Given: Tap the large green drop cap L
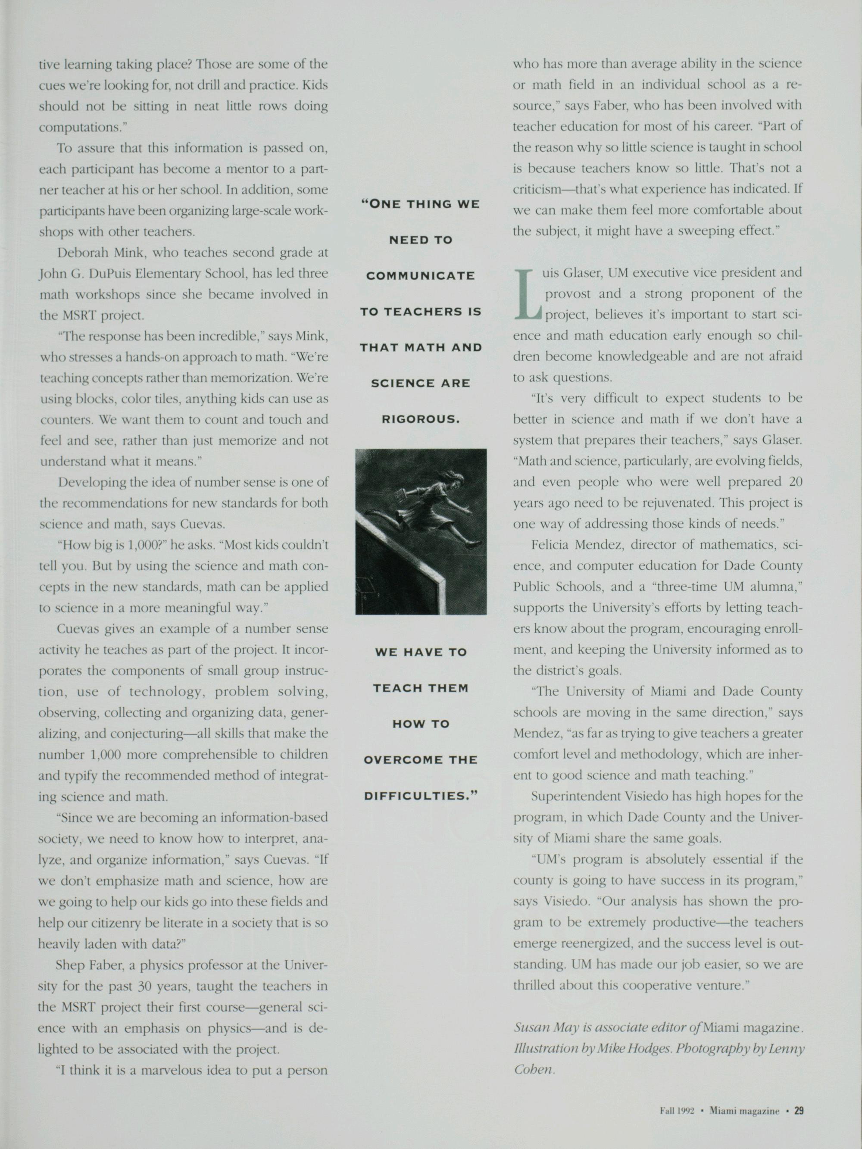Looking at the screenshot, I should tap(527, 294).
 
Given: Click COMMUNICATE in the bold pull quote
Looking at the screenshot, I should tap(420, 275).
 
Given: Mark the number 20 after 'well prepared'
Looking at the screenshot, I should tap(796, 481).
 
